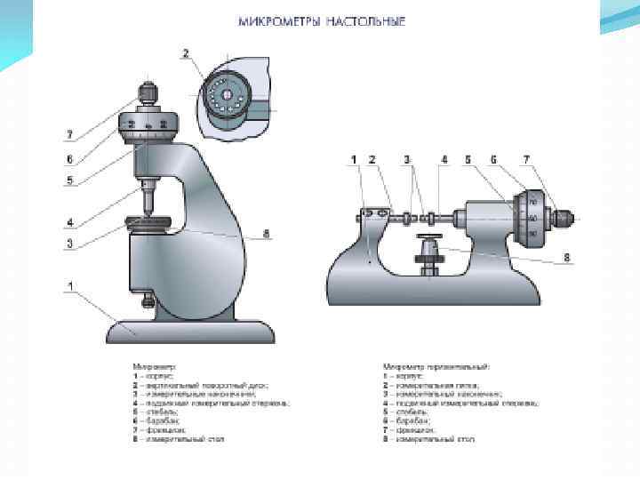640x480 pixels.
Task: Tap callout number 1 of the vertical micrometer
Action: (68, 286)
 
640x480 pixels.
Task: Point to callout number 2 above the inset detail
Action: (186, 54)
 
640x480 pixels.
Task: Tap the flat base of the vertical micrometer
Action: (189, 332)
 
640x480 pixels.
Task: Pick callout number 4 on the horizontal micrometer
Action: (444, 159)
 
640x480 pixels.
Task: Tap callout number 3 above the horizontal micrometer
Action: (408, 159)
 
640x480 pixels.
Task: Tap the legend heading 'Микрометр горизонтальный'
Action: (436, 364)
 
